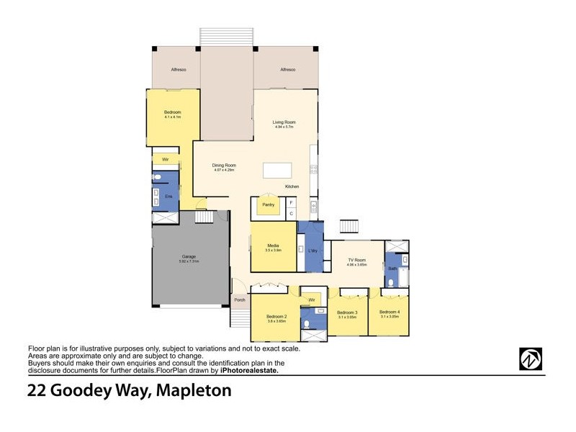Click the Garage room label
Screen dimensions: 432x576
[189, 257]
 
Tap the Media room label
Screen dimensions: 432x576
[273, 246]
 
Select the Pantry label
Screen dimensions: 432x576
[268, 204]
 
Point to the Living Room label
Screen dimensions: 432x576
[284, 122]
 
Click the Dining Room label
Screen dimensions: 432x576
[224, 166]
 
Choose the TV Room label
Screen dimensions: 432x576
[357, 260]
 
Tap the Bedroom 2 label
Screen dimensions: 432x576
[276, 317]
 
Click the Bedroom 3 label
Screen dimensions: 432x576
[348, 312]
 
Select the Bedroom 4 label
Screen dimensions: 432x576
[390, 312]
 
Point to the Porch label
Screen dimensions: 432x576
[240, 300]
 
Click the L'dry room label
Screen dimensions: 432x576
[312, 251]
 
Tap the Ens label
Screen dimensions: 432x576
[169, 196]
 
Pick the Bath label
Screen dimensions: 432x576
[393, 269]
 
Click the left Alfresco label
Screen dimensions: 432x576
[179, 70]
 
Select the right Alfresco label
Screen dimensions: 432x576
[288, 70]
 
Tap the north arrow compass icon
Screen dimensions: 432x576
[531, 359]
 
